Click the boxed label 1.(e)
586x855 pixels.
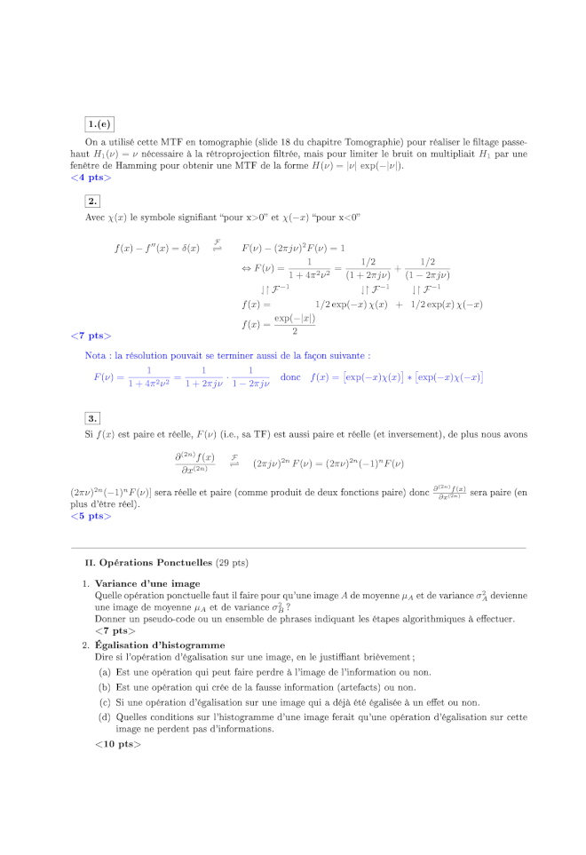99,124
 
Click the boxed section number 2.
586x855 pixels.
92,202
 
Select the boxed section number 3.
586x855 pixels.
92,418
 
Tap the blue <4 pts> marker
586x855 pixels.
90,178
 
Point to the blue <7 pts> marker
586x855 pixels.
90,336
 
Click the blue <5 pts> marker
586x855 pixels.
90,516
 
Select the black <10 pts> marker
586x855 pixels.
117,743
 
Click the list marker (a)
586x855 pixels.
104,672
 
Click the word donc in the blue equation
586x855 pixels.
290,376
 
